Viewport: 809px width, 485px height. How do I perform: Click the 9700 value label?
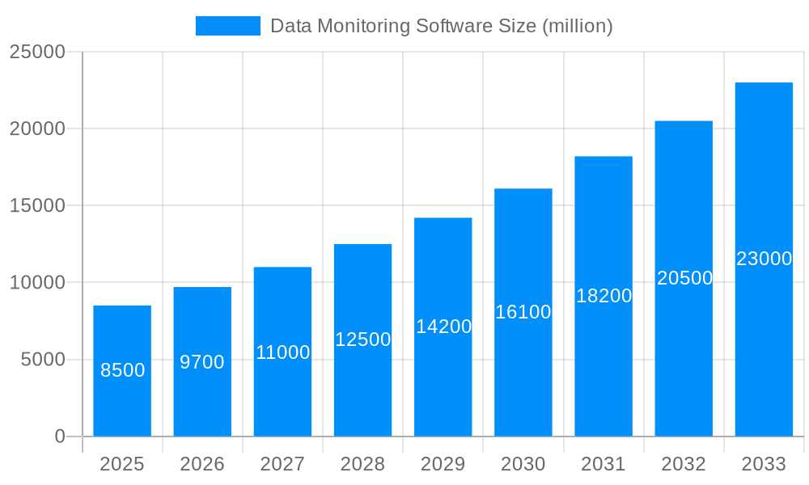(x=202, y=362)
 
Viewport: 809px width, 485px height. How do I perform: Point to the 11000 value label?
(x=282, y=352)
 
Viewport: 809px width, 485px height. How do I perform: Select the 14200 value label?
(x=443, y=327)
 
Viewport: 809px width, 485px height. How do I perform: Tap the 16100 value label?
(x=523, y=312)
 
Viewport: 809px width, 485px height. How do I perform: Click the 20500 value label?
(x=684, y=278)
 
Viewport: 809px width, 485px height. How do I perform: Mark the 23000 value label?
(x=764, y=259)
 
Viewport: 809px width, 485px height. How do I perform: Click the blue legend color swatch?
(x=228, y=26)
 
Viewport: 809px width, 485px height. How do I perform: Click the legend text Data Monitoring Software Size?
(x=441, y=26)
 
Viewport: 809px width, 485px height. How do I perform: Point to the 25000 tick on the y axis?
(x=37, y=52)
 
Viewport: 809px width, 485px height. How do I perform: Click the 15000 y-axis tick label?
(x=37, y=205)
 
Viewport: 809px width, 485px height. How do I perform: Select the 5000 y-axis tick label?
(x=43, y=360)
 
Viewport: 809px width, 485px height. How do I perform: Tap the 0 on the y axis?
(x=60, y=436)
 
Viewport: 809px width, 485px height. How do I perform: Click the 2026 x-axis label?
(x=202, y=464)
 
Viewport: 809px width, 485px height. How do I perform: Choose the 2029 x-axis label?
(x=443, y=464)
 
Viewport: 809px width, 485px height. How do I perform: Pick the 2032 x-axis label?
(x=684, y=464)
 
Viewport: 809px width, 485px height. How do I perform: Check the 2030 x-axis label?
(x=523, y=464)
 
